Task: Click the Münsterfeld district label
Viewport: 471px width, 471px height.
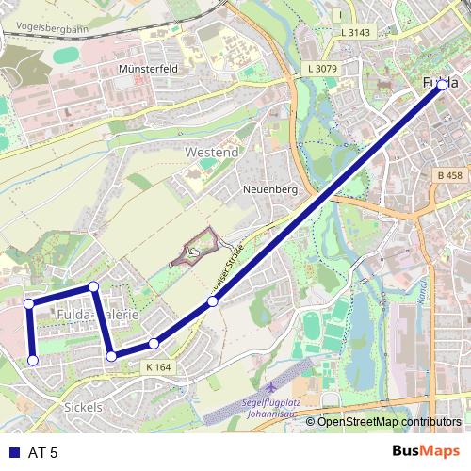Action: coord(149,70)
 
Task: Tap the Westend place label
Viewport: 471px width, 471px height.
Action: coord(212,152)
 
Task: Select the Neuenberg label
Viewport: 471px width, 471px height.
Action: coord(270,189)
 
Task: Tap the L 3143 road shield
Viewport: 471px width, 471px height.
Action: coord(355,32)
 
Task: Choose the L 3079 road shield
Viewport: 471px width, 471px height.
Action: coord(322,69)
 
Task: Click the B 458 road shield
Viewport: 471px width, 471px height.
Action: coord(451,176)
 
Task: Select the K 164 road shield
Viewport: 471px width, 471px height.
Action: coord(159,367)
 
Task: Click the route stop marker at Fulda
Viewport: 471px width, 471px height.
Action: coord(442,83)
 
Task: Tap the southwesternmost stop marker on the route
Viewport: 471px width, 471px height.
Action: coord(33,360)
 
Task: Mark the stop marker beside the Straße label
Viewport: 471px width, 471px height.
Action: coord(213,301)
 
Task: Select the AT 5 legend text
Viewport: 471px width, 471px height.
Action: coord(43,453)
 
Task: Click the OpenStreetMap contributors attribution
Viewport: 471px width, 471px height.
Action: coord(389,422)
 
